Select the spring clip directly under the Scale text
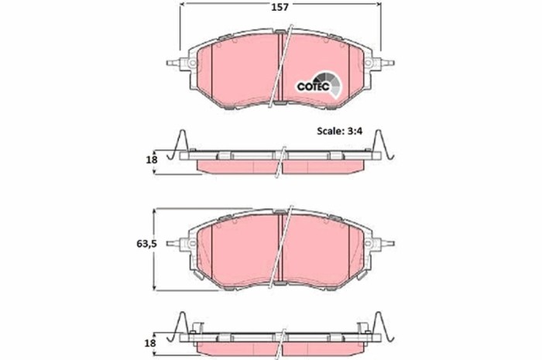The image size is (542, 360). click(x=382, y=146)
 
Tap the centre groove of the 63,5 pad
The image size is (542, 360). click(x=280, y=245)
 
